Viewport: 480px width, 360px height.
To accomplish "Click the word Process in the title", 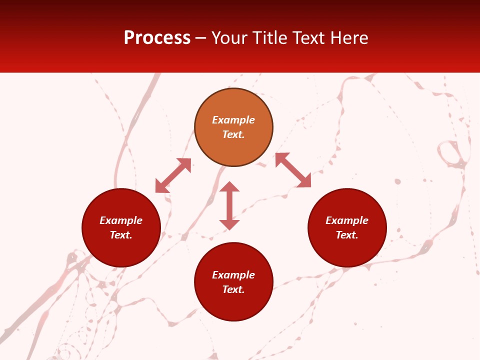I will click(157, 38).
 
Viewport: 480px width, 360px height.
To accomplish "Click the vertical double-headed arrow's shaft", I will click(229, 205).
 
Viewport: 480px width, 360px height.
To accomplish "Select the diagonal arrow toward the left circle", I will click(173, 175).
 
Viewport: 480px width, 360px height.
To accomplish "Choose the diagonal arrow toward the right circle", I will click(293, 170).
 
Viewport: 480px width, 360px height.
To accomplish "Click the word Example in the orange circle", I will click(233, 120).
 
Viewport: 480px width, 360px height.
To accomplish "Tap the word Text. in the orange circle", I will click(233, 134).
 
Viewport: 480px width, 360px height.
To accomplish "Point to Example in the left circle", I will click(121, 220).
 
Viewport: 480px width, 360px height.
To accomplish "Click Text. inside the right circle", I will click(347, 235).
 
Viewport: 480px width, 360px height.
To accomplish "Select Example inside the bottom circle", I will click(233, 275).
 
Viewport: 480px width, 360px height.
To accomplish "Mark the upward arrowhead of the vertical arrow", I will click(229, 187).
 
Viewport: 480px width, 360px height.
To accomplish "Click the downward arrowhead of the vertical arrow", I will click(229, 224).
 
